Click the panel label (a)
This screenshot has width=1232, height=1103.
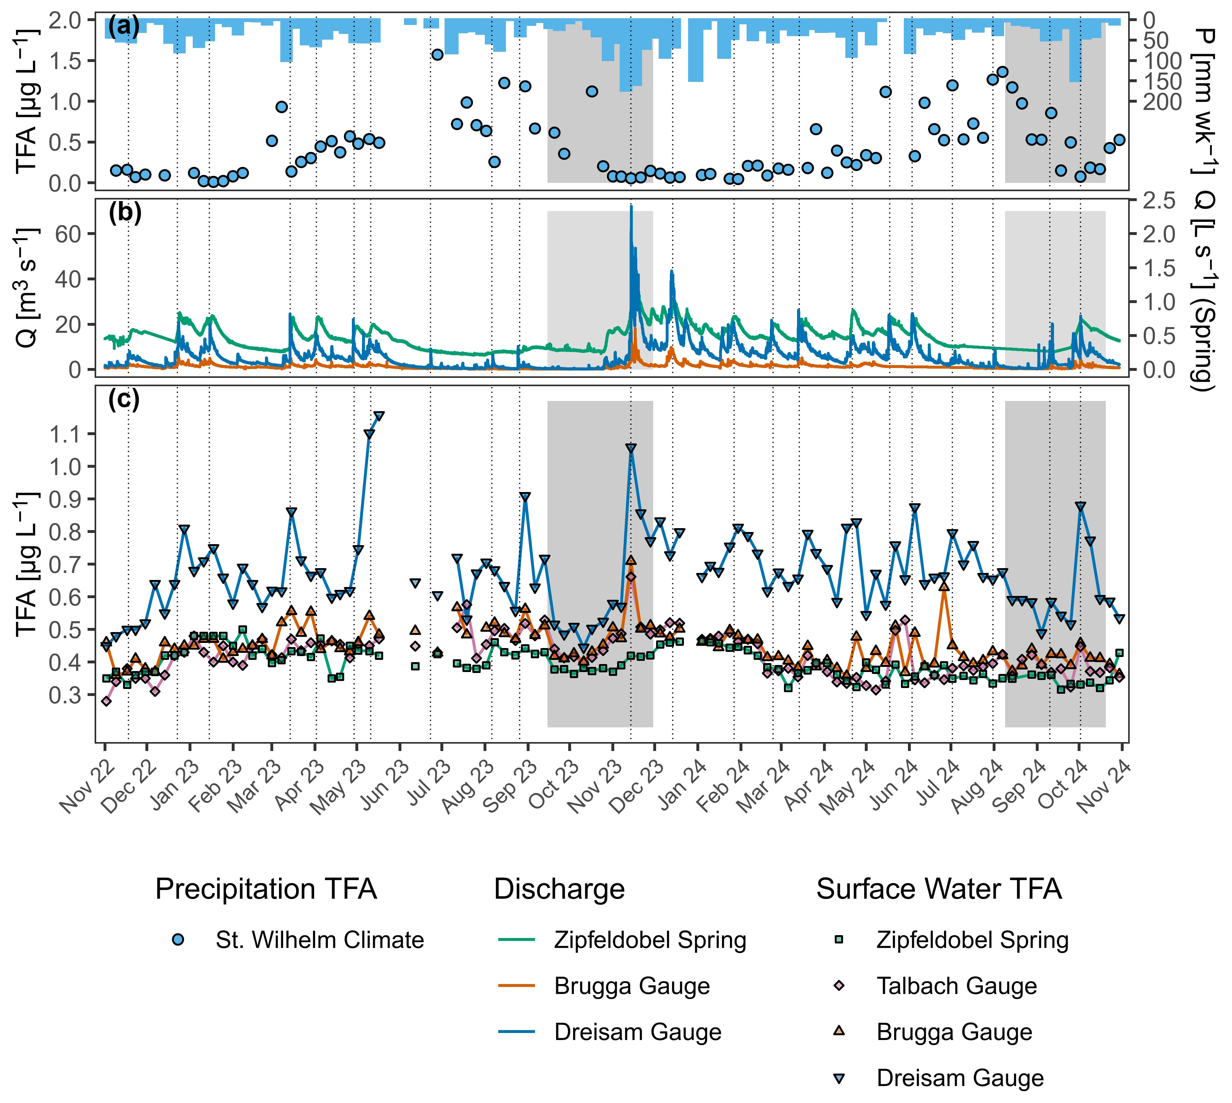[x=124, y=26]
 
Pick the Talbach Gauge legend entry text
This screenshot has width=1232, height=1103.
[x=957, y=986]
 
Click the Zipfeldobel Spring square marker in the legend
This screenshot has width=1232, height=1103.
[x=839, y=940]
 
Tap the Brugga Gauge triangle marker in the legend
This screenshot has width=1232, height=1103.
[x=839, y=1031]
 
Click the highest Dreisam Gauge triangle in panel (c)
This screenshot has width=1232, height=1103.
[x=379, y=416]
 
